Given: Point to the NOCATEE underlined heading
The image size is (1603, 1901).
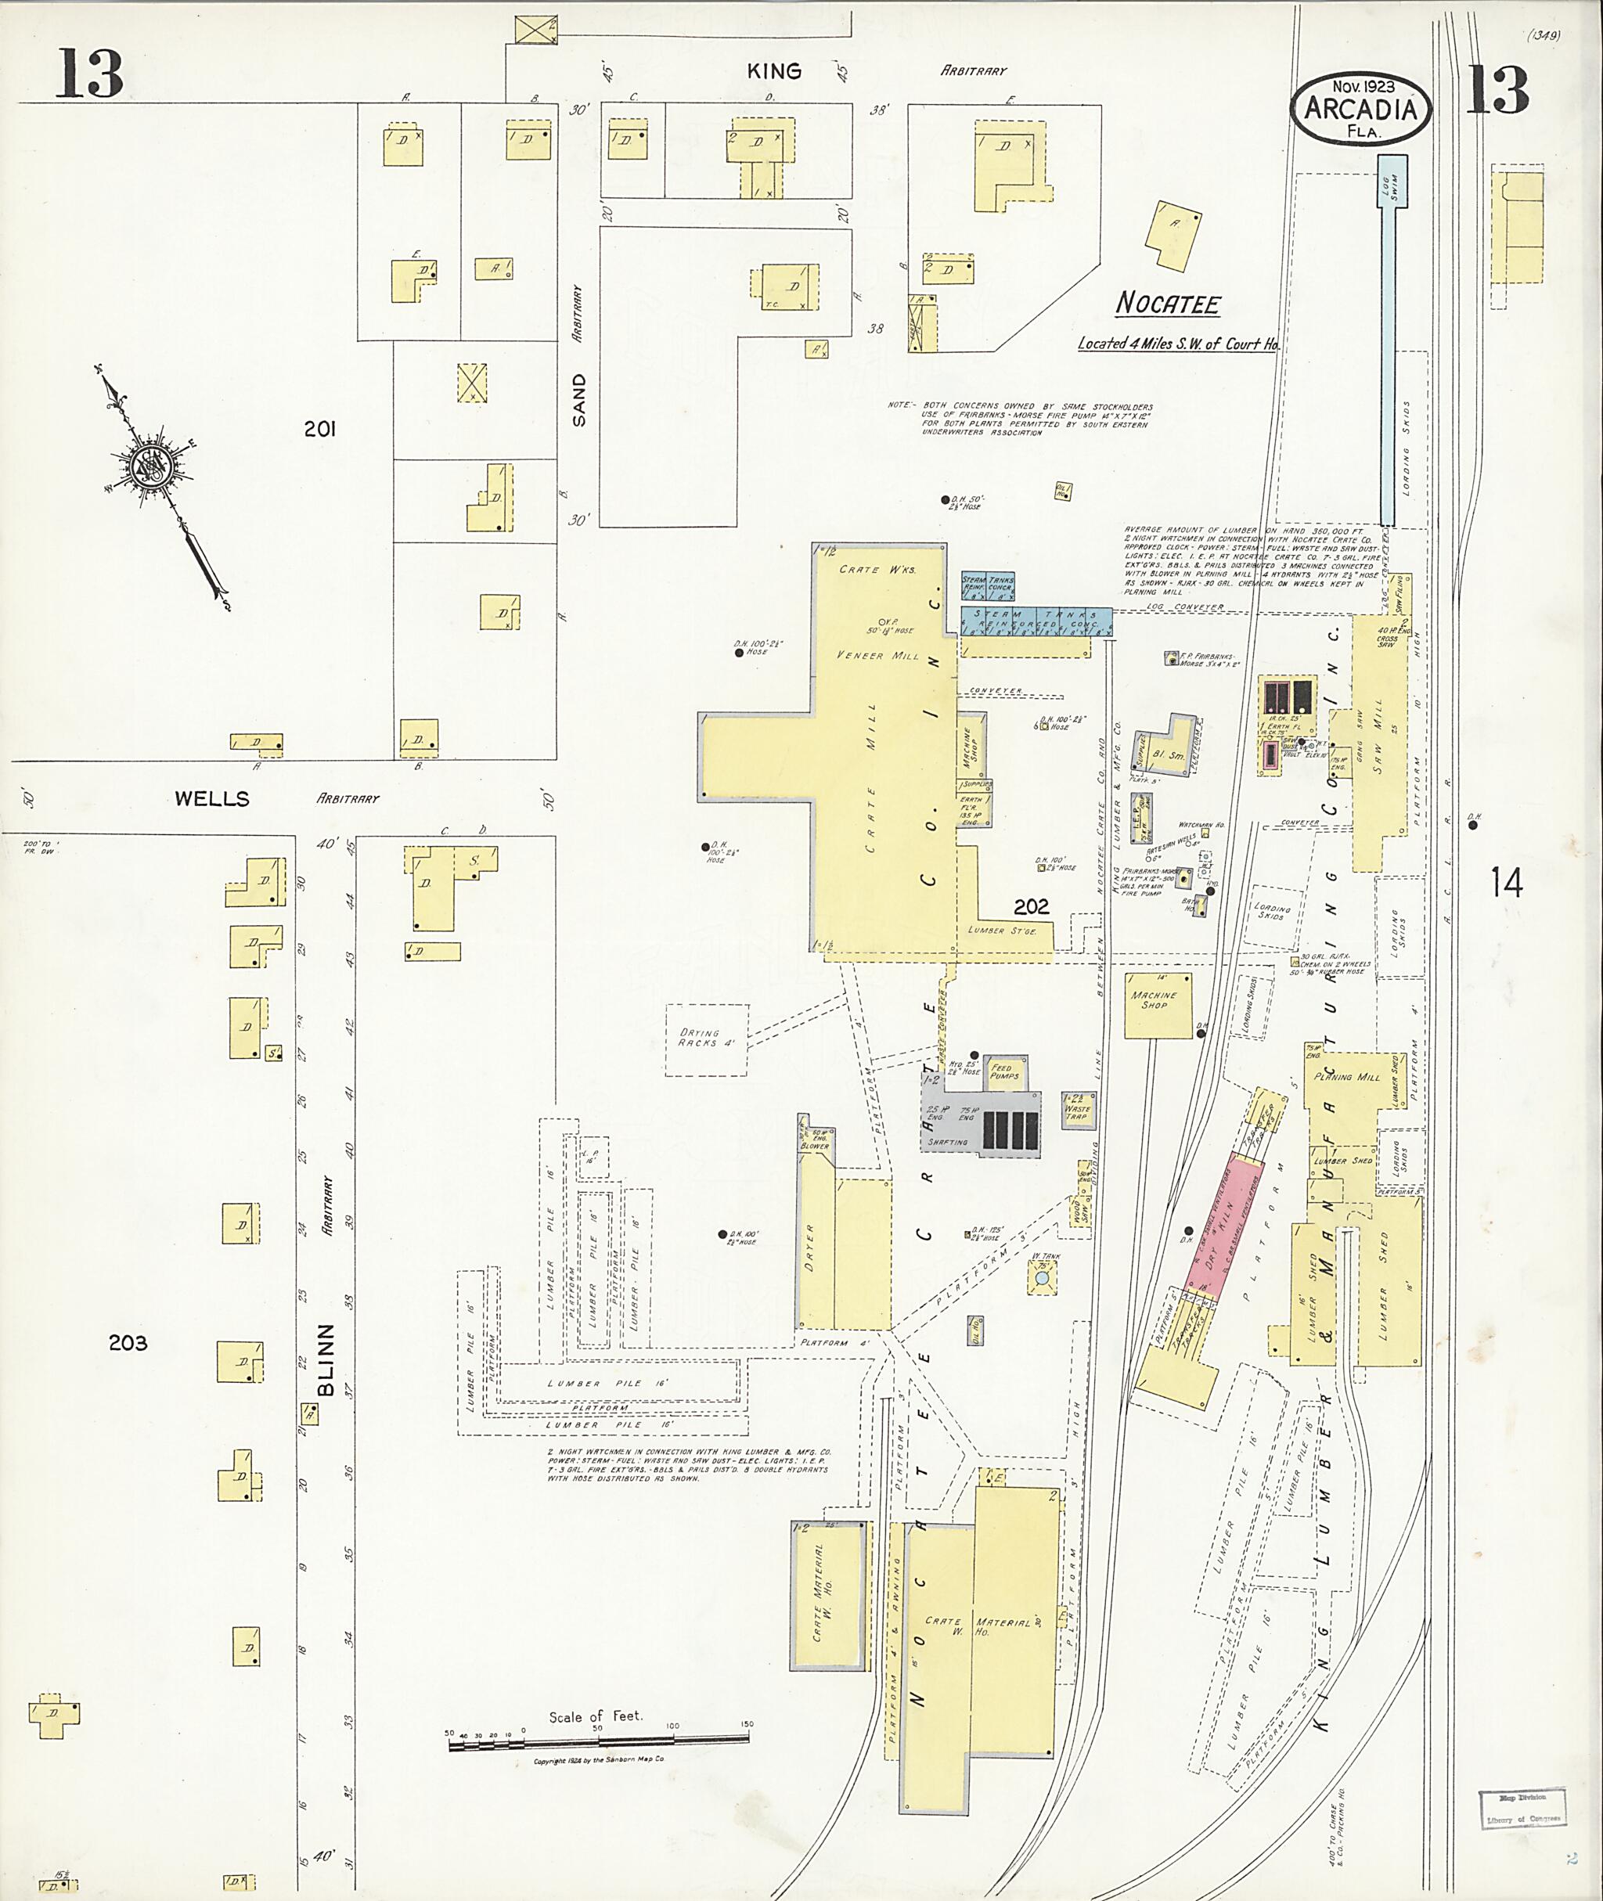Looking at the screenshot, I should coord(1168,304).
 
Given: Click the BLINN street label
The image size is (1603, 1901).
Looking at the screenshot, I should coord(326,1359).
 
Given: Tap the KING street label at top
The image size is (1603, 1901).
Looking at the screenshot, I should coord(774,71).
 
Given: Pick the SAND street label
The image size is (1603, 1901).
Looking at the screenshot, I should coord(579,400).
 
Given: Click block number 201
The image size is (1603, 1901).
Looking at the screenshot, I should coord(320,429).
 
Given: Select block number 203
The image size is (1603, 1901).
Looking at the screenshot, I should coord(128,1342).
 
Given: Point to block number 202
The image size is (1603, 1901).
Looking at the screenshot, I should coord(1032,906).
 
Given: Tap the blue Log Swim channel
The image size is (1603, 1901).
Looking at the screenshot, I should coord(1388,363).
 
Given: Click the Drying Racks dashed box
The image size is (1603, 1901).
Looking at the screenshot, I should coord(707,1039).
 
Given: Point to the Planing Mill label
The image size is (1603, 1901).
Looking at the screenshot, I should coord(1347,1077).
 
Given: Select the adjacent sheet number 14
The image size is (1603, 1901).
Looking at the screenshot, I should coord(1506,881).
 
